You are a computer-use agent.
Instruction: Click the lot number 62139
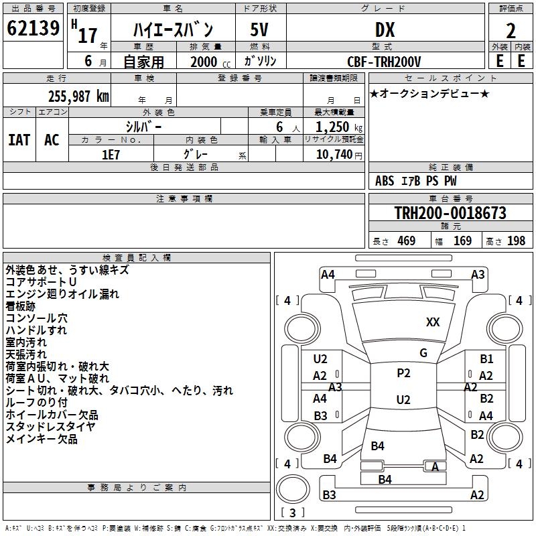click(33, 28)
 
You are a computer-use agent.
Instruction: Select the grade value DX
click(385, 29)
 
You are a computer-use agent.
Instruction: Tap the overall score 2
click(511, 31)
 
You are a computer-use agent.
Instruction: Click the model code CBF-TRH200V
click(384, 62)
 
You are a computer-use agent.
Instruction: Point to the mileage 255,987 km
click(78, 96)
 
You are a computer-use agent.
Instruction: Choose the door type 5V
click(259, 29)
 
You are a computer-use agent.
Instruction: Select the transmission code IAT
click(19, 140)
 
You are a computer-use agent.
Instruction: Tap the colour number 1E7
click(111, 155)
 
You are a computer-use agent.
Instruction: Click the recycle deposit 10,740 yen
click(339, 155)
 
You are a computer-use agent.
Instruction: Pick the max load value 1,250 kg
click(339, 127)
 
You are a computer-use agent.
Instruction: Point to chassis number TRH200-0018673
click(450, 213)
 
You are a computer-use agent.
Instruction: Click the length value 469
click(407, 241)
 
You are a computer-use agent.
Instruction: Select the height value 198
click(516, 241)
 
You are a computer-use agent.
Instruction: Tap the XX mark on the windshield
click(433, 322)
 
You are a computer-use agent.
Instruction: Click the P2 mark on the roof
click(403, 373)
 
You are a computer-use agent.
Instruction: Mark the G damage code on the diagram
click(423, 353)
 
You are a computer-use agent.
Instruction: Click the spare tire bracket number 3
click(292, 513)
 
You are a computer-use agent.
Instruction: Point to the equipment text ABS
click(385, 181)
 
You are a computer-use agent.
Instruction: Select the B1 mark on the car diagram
click(486, 359)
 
